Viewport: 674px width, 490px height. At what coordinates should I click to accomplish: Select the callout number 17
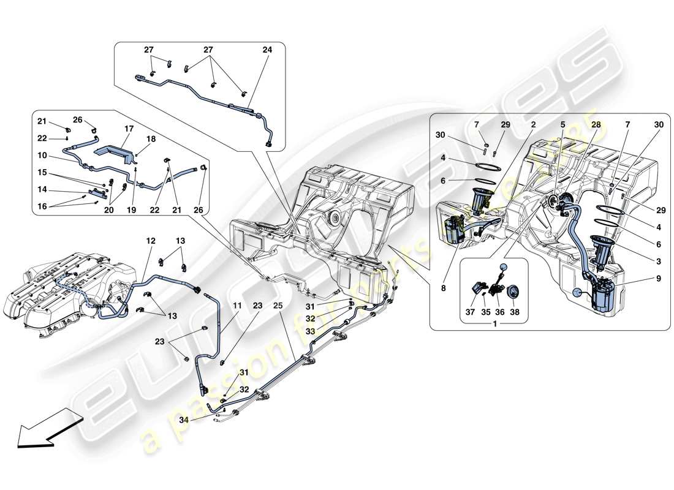pyautogui.click(x=129, y=129)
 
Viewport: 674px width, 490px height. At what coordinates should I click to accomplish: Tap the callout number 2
pyautogui.click(x=533, y=124)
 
